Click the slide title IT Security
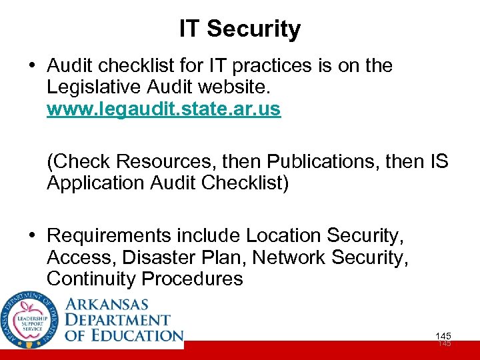[240, 29]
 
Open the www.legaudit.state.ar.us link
[164, 109]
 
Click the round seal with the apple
[29, 320]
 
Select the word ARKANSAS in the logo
[107, 304]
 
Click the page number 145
[443, 336]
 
